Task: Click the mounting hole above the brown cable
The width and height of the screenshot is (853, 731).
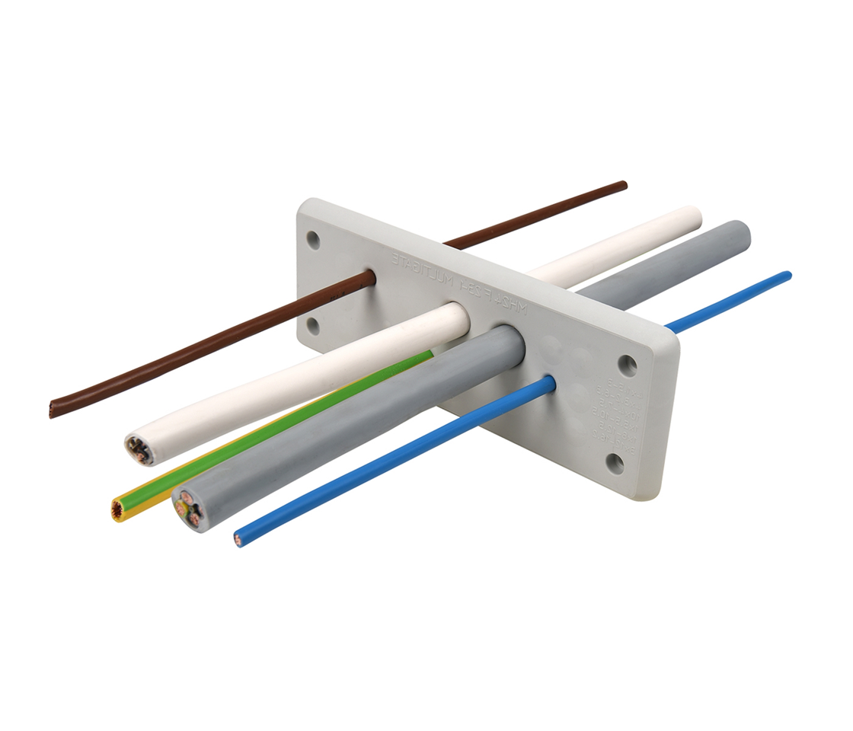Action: pyautogui.click(x=313, y=240)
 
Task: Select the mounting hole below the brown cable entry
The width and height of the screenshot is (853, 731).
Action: pyautogui.click(x=313, y=326)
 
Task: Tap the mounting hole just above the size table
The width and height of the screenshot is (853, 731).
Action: pyautogui.click(x=628, y=365)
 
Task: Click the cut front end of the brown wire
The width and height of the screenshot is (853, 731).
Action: pyautogui.click(x=53, y=410)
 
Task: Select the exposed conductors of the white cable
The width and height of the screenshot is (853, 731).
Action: pyautogui.click(x=139, y=449)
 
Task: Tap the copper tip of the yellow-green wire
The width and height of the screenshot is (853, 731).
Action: pyautogui.click(x=118, y=510)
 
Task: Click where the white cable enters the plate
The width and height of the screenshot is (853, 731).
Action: pyautogui.click(x=458, y=318)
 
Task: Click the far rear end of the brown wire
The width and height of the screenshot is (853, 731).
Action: pyautogui.click(x=623, y=185)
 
